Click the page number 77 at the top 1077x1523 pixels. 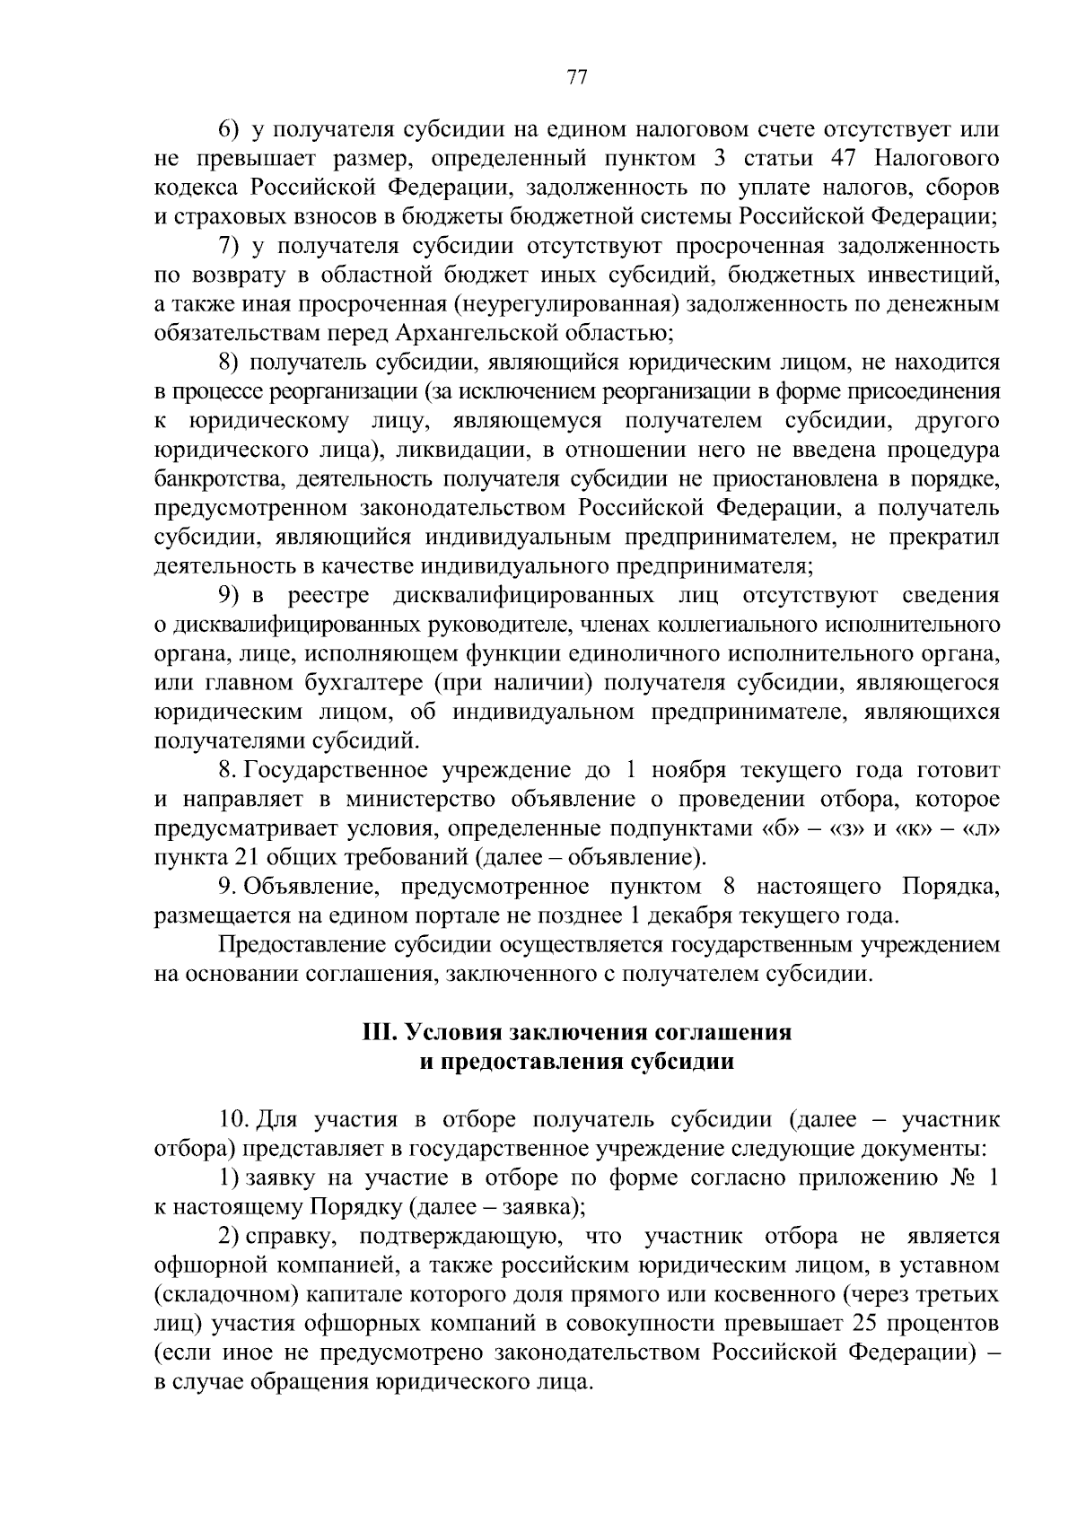click(x=576, y=77)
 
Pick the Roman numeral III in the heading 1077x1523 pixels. click(x=381, y=1032)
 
